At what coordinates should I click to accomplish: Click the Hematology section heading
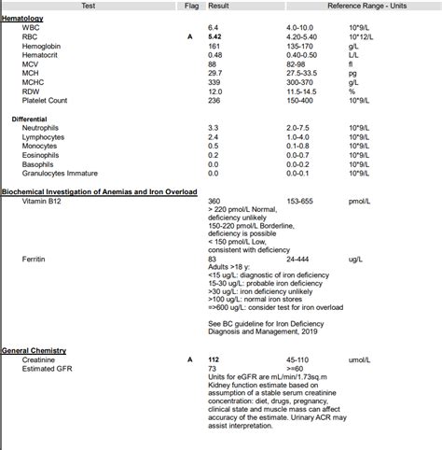pyautogui.click(x=22, y=19)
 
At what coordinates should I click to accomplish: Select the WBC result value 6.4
pyautogui.click(x=214, y=28)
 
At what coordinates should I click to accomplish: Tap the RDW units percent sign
pyautogui.click(x=352, y=91)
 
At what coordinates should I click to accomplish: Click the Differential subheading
pyautogui.click(x=30, y=119)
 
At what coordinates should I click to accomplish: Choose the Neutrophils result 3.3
pyautogui.click(x=214, y=128)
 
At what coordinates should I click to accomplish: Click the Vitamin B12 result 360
pyautogui.click(x=214, y=202)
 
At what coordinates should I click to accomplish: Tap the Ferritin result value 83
pyautogui.click(x=213, y=258)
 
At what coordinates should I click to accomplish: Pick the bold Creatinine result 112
pyautogui.click(x=214, y=359)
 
